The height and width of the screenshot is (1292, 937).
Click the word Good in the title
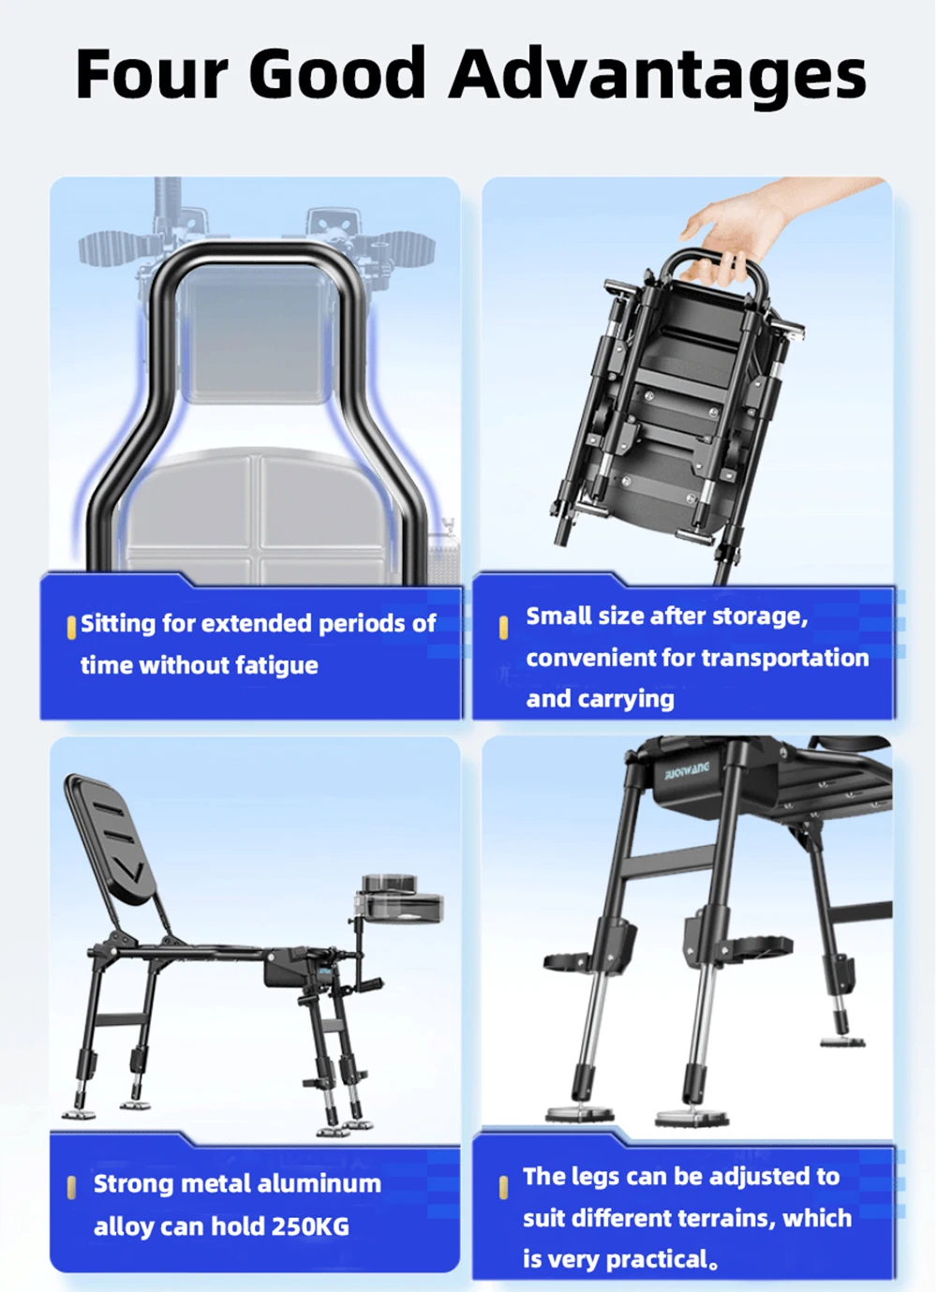(x=338, y=73)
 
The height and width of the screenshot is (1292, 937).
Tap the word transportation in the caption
(x=785, y=658)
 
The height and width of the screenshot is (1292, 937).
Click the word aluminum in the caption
(x=320, y=1183)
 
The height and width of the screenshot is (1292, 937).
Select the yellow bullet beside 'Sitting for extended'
(x=71, y=628)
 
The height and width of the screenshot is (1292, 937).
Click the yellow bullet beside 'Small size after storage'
(x=504, y=628)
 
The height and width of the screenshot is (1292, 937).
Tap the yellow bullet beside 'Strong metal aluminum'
(x=71, y=1188)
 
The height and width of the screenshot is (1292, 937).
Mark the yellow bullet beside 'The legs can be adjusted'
(x=504, y=1188)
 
